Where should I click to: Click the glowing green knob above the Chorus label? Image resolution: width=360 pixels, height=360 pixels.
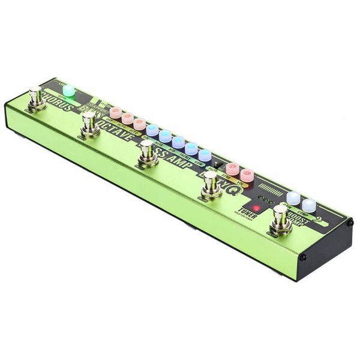[69, 91]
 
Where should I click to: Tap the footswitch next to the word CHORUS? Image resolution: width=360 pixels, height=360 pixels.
[37, 98]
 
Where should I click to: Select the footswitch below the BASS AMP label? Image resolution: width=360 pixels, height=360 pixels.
[147, 153]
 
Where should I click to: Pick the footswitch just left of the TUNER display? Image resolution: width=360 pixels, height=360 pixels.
[211, 185]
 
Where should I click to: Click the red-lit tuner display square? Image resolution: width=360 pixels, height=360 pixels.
[257, 209]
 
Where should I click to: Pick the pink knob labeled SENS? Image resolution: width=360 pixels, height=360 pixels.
[232, 169]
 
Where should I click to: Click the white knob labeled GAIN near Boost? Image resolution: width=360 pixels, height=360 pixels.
[293, 198]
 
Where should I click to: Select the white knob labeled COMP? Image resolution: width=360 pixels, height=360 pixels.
[308, 205]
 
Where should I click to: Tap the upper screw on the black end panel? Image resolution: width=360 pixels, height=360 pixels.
[350, 223]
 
